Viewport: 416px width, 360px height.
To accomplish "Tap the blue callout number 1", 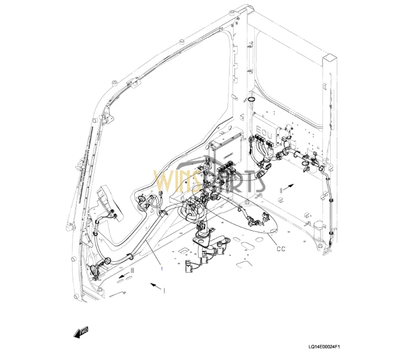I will [162, 268].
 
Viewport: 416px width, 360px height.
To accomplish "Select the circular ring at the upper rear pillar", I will [251, 99].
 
